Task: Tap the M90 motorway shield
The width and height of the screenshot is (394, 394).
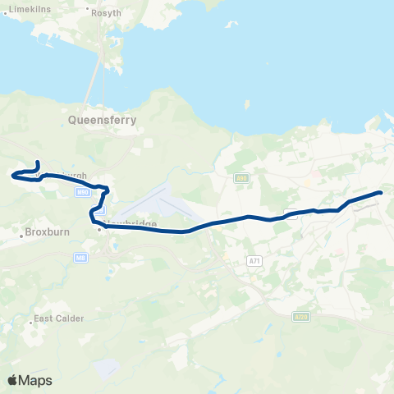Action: coord(81,192)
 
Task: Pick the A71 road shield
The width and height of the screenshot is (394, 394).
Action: coord(254,260)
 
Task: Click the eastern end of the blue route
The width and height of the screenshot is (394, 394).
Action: coord(381,192)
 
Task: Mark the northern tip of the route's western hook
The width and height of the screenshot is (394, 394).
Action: coord(39,162)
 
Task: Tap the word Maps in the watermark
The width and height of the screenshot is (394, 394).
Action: coord(36,380)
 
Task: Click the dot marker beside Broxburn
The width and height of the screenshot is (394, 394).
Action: coord(21,236)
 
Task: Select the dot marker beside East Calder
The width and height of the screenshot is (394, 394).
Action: coord(31,323)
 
